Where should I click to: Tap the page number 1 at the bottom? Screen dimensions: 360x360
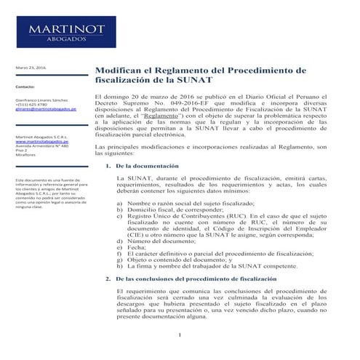(x=180, y=335)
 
